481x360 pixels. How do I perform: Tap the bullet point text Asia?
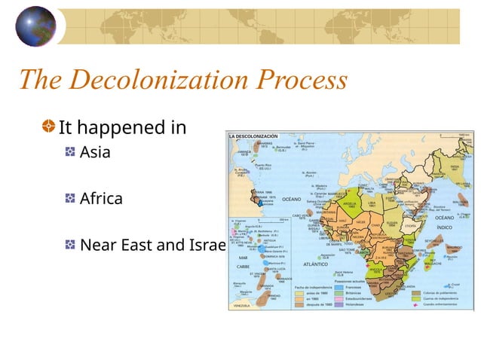point(95,152)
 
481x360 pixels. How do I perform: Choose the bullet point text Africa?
point(100,199)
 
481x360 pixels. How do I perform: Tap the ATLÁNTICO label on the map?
point(315,264)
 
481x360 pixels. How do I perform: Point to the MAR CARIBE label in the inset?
point(244,262)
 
